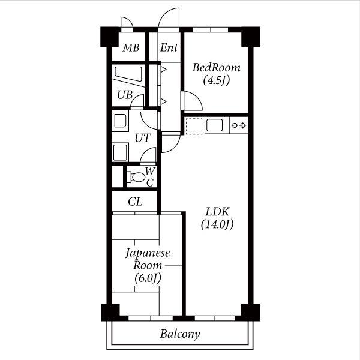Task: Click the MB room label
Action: [131, 48]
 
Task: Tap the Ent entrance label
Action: [169, 47]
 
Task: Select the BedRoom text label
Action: [216, 67]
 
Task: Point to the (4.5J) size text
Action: [216, 80]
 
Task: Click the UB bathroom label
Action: [125, 95]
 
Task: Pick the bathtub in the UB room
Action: [128, 74]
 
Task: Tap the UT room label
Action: [143, 138]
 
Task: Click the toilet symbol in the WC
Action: [137, 177]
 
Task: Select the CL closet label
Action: [135, 202]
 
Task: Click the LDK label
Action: [217, 211]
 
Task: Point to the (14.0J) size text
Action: [217, 224]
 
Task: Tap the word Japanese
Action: [148, 253]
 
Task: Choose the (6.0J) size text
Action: [148, 278]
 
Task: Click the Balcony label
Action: [180, 334]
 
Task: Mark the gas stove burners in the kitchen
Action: [239, 125]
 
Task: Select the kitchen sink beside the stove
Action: [214, 125]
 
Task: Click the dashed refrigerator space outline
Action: [194, 126]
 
